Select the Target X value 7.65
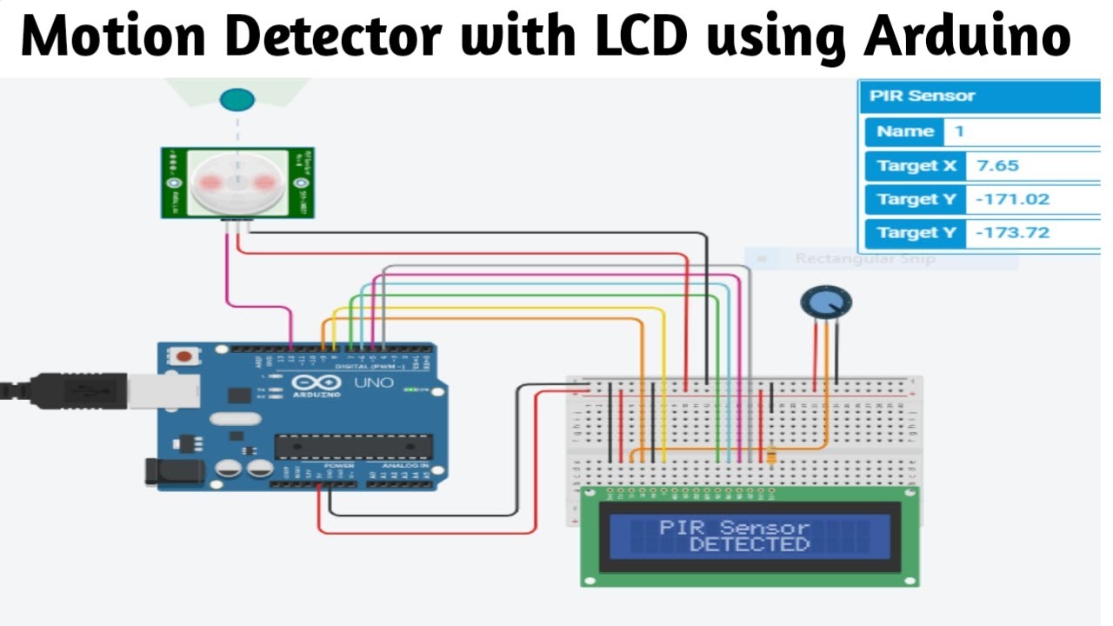pyautogui.click(x=997, y=165)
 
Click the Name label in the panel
pyautogui.click(x=905, y=132)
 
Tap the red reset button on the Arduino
pyautogui.click(x=184, y=356)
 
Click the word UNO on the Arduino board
pyautogui.click(x=374, y=383)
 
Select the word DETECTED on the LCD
pyautogui.click(x=749, y=545)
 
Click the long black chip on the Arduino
pyautogui.click(x=353, y=446)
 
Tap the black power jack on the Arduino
pyautogui.click(x=174, y=471)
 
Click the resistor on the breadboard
pyautogui.click(x=771, y=454)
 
